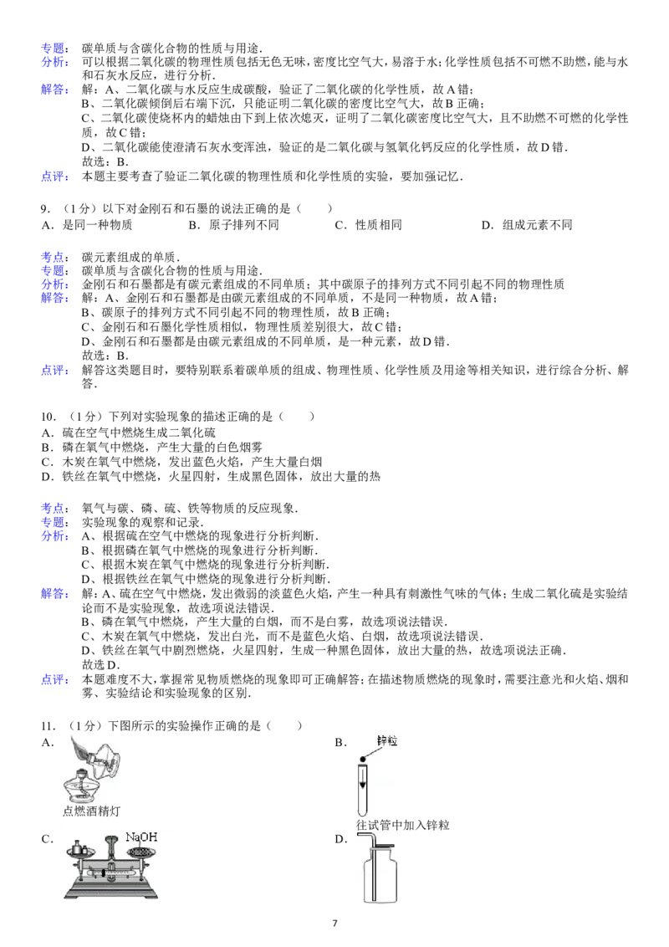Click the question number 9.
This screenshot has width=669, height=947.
pyautogui.click(x=45, y=209)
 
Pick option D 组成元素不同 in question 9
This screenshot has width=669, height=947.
pyautogui.click(x=527, y=225)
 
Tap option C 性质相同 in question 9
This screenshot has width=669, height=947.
pyautogui.click(x=368, y=225)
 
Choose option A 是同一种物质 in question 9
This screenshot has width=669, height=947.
pyautogui.click(x=86, y=225)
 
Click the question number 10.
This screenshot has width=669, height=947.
pyautogui.click(x=49, y=417)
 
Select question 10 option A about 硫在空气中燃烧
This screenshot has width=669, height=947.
pyautogui.click(x=128, y=433)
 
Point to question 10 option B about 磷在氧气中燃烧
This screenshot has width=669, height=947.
pyautogui.click(x=151, y=448)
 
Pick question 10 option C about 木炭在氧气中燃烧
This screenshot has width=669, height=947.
pyautogui.click(x=181, y=462)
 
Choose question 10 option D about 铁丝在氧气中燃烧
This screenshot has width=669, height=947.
pyautogui.click(x=211, y=477)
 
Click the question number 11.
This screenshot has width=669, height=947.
pyautogui.click(x=49, y=726)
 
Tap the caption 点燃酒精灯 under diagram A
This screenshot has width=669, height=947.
pyautogui.click(x=91, y=811)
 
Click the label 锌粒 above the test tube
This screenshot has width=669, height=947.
pyautogui.click(x=387, y=740)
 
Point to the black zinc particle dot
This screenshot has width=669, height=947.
pyautogui.click(x=363, y=759)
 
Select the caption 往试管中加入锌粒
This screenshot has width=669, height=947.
pyautogui.click(x=403, y=825)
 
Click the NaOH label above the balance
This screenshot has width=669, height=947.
pyautogui.click(x=141, y=837)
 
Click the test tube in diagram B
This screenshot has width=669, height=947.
pyautogui.click(x=362, y=789)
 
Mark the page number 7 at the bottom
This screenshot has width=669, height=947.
pyautogui.click(x=335, y=923)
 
